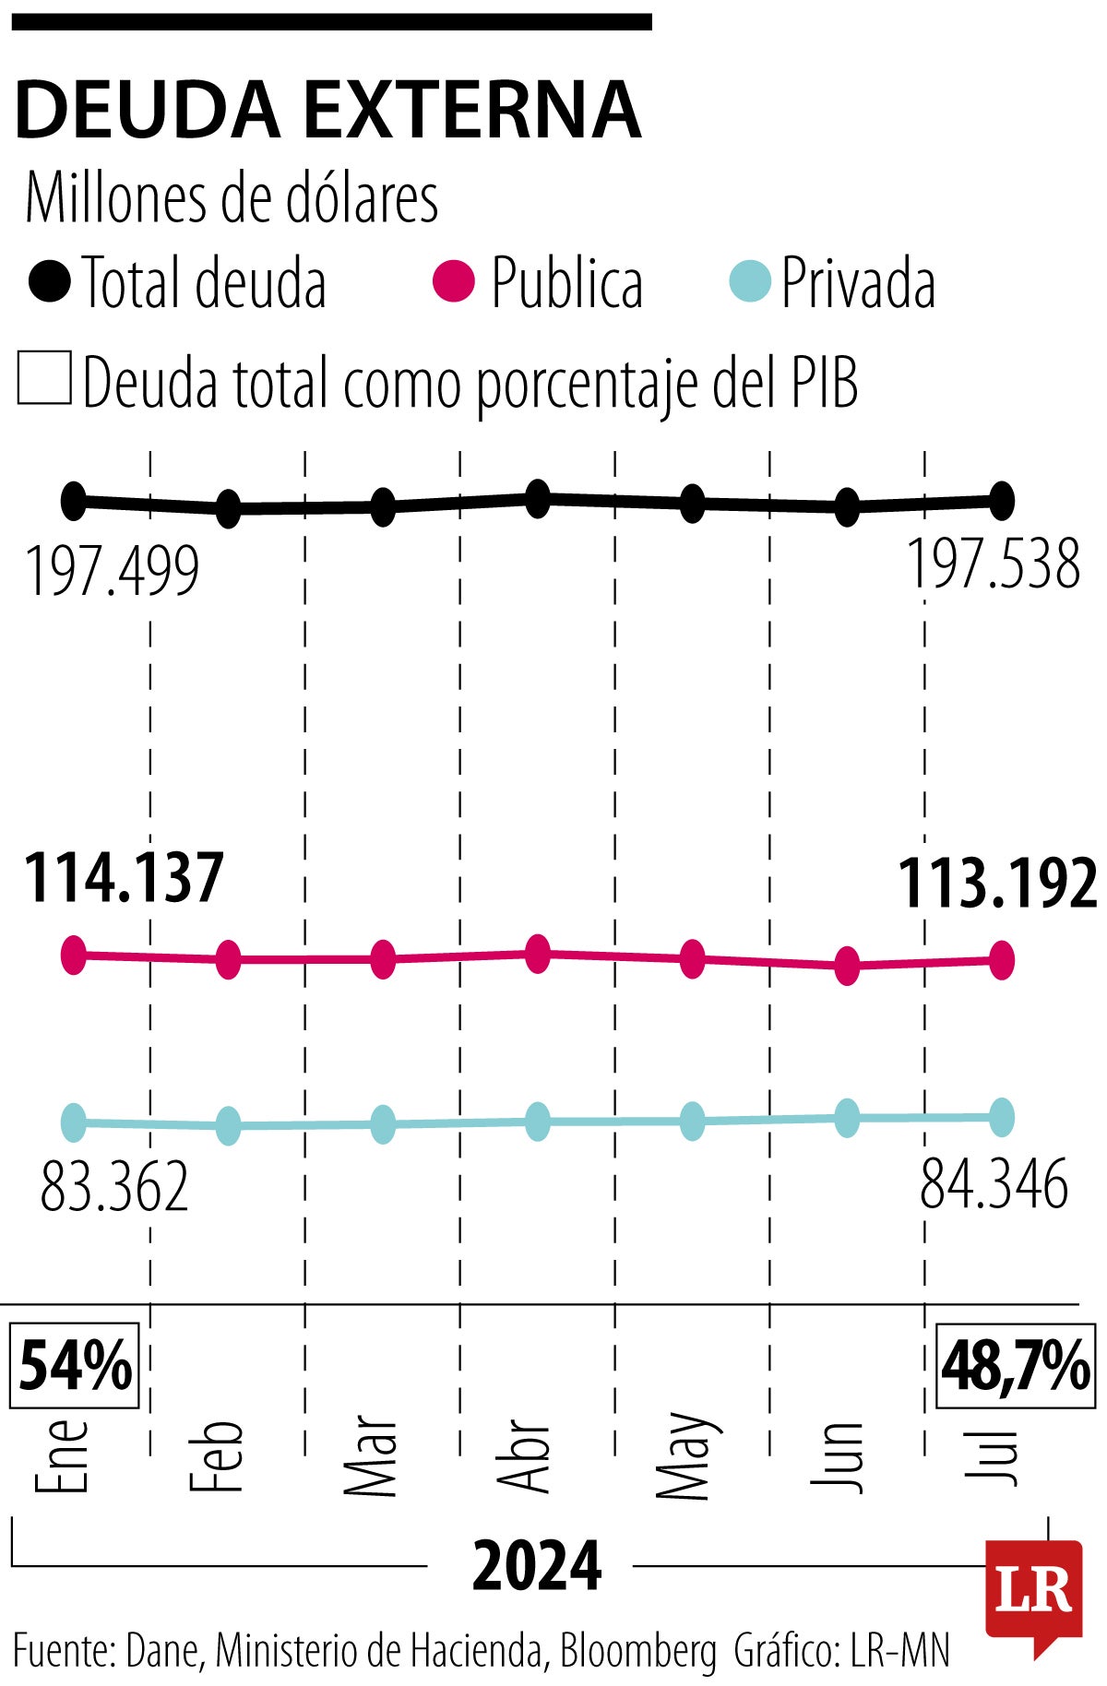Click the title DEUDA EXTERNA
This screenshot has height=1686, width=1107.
click(327, 111)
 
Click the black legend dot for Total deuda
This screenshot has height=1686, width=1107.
click(49, 281)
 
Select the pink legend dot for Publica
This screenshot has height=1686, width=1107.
click(454, 281)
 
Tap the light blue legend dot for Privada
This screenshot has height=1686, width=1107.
click(748, 281)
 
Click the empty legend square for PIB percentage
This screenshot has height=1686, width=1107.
click(44, 378)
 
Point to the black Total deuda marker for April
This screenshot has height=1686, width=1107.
click(538, 499)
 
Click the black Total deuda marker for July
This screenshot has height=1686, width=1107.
click(1002, 501)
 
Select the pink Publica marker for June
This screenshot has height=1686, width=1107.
click(847, 966)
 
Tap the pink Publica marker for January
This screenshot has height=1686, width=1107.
click(74, 954)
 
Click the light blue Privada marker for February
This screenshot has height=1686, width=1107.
click(228, 1125)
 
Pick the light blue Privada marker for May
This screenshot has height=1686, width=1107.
click(692, 1121)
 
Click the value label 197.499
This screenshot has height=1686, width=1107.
click(112, 572)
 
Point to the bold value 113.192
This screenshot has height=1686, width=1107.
click(997, 883)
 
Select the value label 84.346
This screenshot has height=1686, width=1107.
click(994, 1184)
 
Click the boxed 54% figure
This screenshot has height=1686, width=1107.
click(75, 1366)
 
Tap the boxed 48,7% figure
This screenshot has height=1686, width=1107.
click(1016, 1366)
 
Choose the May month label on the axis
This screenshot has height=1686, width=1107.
click(684, 1454)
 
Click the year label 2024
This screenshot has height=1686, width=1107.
click(537, 1566)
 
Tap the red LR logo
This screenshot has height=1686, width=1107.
click(1033, 1591)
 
